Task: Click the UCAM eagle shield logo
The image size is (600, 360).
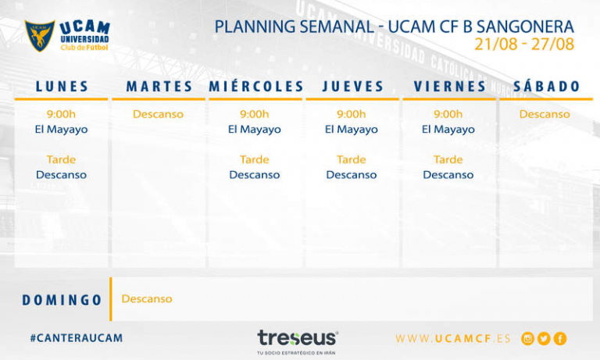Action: pos(40,36)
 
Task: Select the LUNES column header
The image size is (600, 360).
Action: pos(62,87)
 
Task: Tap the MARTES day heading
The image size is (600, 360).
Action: pos(159,87)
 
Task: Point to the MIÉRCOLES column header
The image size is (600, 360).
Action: pos(255,87)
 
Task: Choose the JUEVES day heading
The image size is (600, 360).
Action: pos(353,87)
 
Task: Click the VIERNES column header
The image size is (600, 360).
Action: pos(450,87)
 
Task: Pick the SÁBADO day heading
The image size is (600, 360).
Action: pos(547,87)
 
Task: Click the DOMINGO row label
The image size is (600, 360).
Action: pos(62,300)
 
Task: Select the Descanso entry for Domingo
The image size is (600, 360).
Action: pos(147,299)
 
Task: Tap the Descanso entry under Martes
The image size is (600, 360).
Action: pos(158,114)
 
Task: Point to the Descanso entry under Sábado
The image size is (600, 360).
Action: pos(545,114)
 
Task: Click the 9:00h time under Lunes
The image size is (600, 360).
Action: pos(61,114)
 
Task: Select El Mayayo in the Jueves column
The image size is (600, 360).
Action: pos(352,130)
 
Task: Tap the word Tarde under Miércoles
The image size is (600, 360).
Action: pos(255,159)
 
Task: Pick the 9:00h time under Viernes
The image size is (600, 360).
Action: pos(448,114)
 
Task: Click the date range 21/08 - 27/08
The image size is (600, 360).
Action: pos(524,45)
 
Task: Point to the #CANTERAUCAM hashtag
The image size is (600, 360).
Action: pos(77,338)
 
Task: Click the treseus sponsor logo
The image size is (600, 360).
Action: pos(298,338)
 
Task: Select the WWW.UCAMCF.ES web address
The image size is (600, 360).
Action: pos(453,339)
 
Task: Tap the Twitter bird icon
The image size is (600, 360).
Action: pos(544,339)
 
